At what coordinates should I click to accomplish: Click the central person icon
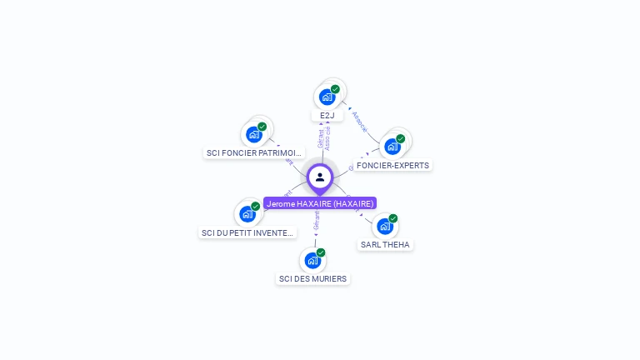coord(320,177)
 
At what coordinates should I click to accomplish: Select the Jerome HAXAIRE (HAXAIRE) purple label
coord(320,203)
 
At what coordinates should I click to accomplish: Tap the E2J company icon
coord(327,97)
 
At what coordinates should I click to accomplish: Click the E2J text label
coord(327,116)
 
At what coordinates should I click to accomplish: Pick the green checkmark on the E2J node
coord(335,89)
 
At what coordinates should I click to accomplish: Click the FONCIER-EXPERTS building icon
coord(392,147)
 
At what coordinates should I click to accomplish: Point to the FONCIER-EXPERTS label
coord(392,166)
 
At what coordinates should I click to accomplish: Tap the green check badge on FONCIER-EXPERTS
coord(400,139)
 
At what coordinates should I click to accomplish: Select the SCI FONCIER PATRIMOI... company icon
coord(253,134)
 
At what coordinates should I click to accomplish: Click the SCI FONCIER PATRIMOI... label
coord(254,153)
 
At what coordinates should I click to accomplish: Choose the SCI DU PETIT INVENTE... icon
coord(247,214)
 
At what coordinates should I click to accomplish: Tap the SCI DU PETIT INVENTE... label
coord(247,233)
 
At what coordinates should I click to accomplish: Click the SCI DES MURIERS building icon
coord(312,260)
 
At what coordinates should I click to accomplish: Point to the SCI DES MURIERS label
coord(313,279)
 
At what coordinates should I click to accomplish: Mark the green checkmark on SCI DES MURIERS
coord(321,252)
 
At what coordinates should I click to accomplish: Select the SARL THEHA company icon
coord(384,226)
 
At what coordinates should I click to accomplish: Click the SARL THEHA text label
coord(385,245)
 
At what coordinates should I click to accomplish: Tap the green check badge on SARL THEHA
coord(392,218)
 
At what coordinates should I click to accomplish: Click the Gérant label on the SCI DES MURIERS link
coord(317,222)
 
